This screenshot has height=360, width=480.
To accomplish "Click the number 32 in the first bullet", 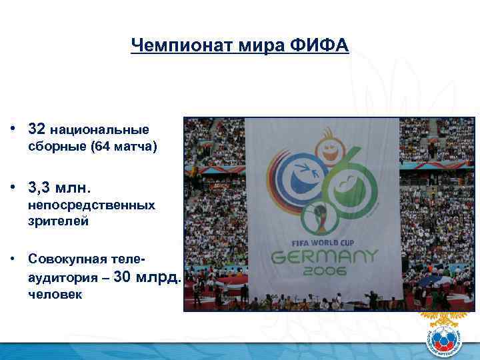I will click(37, 127).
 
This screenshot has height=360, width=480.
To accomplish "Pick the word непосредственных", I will click(91, 205).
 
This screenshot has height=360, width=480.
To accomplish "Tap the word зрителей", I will click(58, 222).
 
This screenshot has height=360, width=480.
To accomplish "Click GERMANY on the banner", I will click(323, 257).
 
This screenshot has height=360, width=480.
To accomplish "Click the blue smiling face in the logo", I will click(297, 177).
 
